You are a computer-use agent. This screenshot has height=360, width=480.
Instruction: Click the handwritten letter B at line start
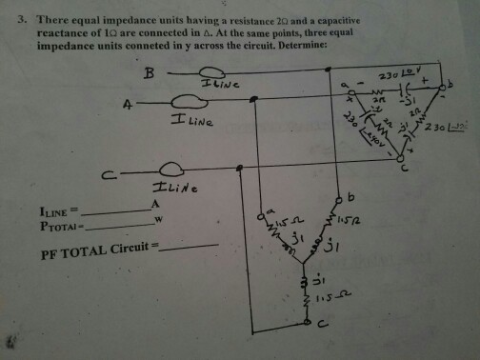tap(148, 74)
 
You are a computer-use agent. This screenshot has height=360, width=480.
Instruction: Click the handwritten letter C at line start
tap(112, 173)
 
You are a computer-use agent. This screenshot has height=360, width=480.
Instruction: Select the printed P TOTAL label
tap(56, 225)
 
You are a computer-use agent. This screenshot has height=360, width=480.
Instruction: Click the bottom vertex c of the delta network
tap(400, 162)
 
